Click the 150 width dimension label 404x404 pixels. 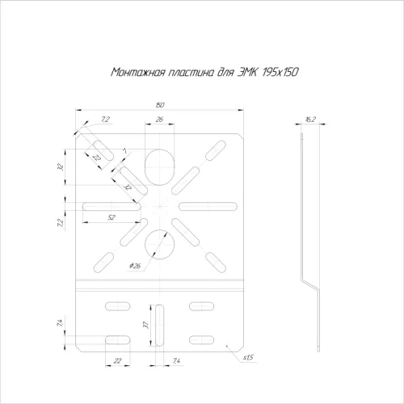point(160,105)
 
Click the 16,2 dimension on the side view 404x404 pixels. point(310,119)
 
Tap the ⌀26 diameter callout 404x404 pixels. point(135,266)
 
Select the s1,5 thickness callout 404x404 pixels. point(248,357)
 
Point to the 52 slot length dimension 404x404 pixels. point(112,217)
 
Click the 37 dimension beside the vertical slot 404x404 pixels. point(145,325)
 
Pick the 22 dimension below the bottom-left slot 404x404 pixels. point(118,360)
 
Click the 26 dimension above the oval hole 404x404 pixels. point(159,119)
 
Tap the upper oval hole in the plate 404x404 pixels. point(160,167)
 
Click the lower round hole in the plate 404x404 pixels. point(160,245)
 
